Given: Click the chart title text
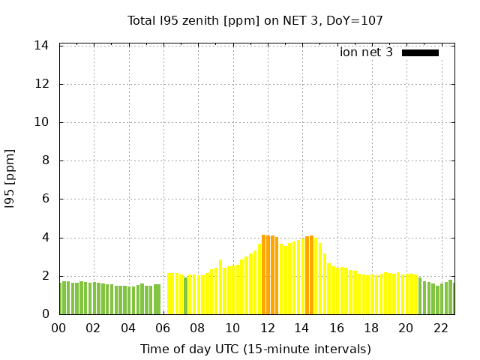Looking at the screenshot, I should pos(255,20).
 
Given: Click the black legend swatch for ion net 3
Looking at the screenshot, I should pos(420,52).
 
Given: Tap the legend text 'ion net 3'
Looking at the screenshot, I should pos(366,52).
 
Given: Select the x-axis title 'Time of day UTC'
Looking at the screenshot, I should pos(255,349).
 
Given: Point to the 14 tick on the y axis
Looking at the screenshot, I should pos(42,46).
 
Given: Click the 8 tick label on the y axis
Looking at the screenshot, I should pos(45,160).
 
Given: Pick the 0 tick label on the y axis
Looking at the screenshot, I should pos(45,314).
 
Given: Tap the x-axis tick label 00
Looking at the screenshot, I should pos(58,328).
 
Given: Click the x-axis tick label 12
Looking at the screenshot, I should pos(267,328).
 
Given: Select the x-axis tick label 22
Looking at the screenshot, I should pos(441,328).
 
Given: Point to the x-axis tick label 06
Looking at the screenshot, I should pos(163,328).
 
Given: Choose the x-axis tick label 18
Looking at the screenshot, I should pos(371,328).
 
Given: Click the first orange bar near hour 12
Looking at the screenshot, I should pos(263,275).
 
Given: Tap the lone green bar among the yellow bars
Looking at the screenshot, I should pos(185,295).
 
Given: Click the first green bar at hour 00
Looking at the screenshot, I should pos(61,298).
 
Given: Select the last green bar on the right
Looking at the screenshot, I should pos(451,297).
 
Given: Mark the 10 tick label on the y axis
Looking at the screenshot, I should pos(42,122).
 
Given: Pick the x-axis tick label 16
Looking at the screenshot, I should pos(337,328).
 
